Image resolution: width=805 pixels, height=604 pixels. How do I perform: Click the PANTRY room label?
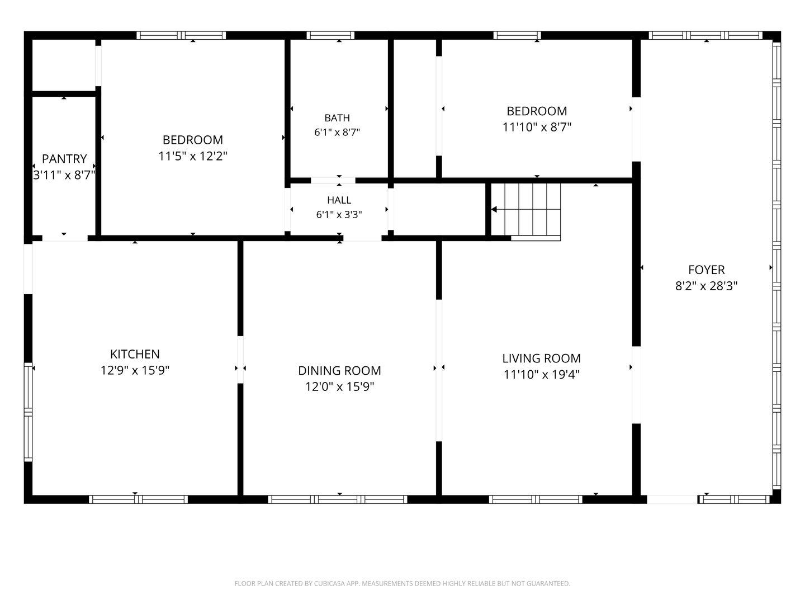tap(64, 159)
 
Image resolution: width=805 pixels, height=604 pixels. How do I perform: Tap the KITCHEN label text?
tap(135, 354)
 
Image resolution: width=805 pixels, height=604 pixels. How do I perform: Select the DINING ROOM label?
tap(339, 370)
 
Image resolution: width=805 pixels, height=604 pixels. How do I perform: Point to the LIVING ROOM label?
tap(541, 358)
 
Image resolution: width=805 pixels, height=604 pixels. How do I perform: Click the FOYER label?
tap(707, 270)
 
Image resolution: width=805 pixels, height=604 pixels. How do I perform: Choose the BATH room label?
tap(337, 117)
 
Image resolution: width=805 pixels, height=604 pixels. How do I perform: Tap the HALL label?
tap(339, 200)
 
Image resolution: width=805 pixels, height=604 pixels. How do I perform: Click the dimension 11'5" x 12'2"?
tap(193, 156)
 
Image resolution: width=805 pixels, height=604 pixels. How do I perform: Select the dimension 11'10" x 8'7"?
tap(537, 128)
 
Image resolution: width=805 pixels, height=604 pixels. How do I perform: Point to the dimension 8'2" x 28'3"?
tap(707, 286)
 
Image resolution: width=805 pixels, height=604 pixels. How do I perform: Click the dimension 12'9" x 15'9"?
tap(135, 370)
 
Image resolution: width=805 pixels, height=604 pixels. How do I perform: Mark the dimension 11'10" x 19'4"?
tap(541, 375)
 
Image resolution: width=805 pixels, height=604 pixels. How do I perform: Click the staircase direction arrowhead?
tap(494, 209)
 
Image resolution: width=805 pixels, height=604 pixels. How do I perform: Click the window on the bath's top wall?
tap(330, 36)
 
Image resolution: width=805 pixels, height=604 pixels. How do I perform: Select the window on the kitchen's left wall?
tap(29, 412)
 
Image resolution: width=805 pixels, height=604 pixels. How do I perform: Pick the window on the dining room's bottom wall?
tap(338, 499)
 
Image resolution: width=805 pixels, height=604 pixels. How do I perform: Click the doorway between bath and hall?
tap(333, 181)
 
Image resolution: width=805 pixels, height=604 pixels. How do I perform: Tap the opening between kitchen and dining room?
tap(240, 360)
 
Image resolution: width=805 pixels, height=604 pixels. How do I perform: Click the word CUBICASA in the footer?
tap(327, 583)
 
